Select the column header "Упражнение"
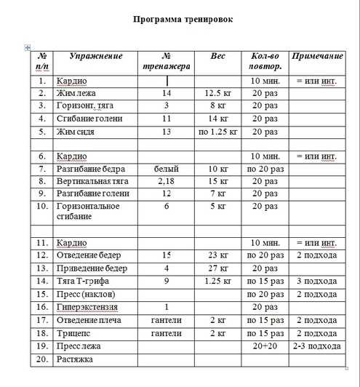96,56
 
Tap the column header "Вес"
217,56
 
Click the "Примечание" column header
316,56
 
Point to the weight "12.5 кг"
217,94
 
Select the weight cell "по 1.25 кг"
217,132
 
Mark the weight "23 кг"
217,255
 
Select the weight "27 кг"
217,268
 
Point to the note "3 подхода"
316,281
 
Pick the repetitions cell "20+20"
265,346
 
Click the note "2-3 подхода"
316,346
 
